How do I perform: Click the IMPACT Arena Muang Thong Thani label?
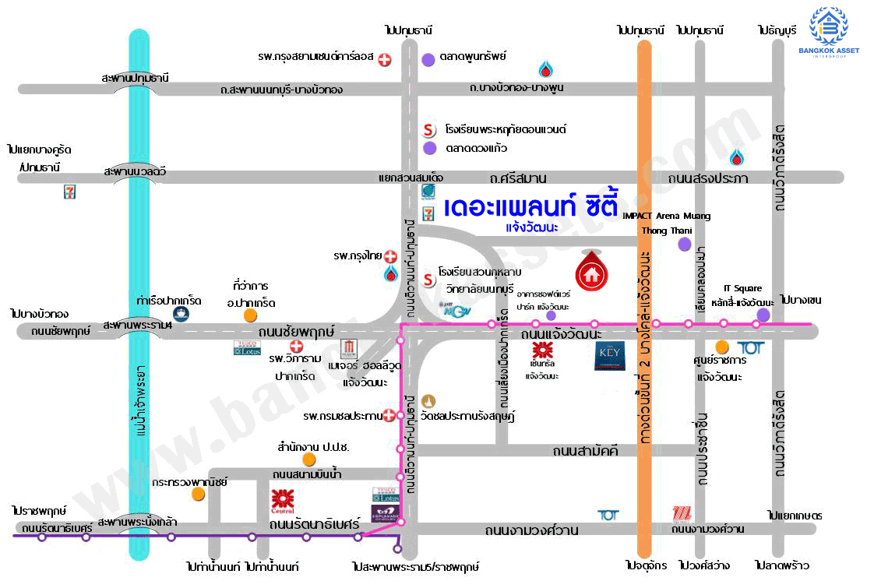(x=667, y=223)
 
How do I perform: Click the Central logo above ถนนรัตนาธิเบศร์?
(x=282, y=501)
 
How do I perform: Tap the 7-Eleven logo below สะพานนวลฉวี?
(x=70, y=192)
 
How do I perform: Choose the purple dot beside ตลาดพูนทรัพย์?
(x=428, y=58)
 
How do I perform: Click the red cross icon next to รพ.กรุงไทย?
(x=391, y=256)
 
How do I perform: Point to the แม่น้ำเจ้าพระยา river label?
(x=141, y=396)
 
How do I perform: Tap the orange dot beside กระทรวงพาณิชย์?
(x=199, y=493)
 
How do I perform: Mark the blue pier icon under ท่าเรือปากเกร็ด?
(x=181, y=314)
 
